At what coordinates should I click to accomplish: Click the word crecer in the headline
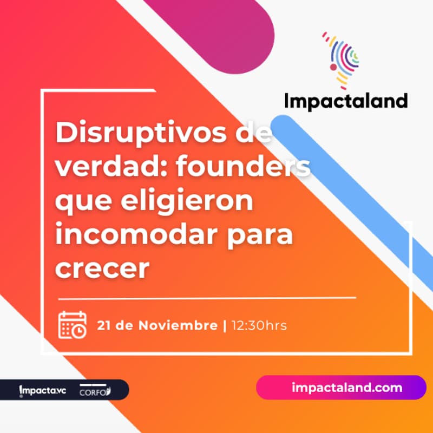coord(102,269)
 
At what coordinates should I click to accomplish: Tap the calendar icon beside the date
coord(72,325)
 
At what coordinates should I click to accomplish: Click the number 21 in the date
coord(104,326)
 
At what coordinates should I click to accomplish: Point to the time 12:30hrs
coord(259,326)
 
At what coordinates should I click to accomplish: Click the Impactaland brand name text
coord(346,101)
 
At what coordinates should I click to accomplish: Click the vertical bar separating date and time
coord(225,326)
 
